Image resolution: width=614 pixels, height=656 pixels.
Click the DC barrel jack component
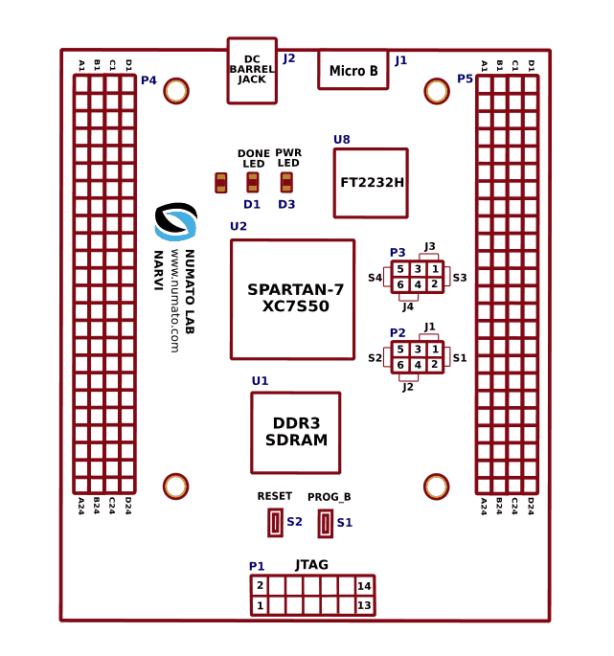[x=252, y=70]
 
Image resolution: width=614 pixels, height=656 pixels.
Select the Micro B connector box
[x=352, y=70]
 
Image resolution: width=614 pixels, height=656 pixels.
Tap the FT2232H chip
[x=371, y=183]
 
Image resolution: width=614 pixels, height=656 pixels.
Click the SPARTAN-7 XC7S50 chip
[x=292, y=299]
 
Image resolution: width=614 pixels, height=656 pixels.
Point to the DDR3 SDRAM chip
[x=295, y=432]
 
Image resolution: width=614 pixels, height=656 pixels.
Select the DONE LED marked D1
[x=253, y=182]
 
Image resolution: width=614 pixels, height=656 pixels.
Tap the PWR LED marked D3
[x=286, y=182]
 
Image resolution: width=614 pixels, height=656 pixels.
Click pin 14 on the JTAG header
[x=364, y=586]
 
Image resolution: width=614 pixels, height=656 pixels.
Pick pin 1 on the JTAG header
[x=260, y=605]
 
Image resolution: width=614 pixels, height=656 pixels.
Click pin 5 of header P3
[x=400, y=269]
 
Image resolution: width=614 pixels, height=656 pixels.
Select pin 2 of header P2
[x=434, y=364]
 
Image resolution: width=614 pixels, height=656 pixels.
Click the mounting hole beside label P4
[x=175, y=91]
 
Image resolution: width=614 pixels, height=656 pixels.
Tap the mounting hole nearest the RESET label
[x=175, y=486]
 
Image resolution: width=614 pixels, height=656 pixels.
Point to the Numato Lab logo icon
[x=175, y=221]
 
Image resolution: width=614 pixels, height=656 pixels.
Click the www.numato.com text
[x=175, y=301]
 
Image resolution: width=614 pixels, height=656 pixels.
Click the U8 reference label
[x=342, y=140]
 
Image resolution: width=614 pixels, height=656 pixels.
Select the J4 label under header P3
[x=408, y=306]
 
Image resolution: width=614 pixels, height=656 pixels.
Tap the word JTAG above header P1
[x=312, y=565]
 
